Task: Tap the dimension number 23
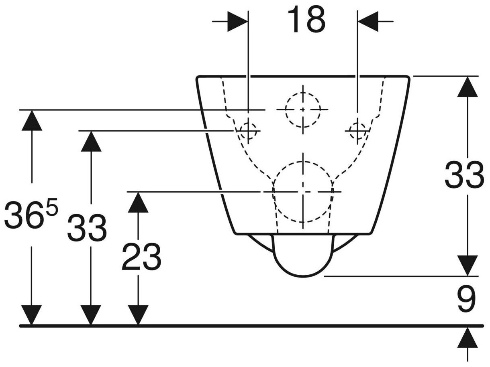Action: pyautogui.click(x=141, y=257)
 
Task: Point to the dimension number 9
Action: pyautogui.click(x=466, y=299)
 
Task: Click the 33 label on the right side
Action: pyautogui.click(x=464, y=175)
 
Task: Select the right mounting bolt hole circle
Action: pyautogui.click(x=357, y=130)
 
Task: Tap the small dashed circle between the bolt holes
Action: pyautogui.click(x=303, y=109)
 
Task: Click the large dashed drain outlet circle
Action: pyautogui.click(x=303, y=192)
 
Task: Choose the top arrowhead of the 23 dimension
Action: pyautogui.click(x=138, y=202)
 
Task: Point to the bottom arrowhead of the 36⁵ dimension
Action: pyautogui.click(x=32, y=314)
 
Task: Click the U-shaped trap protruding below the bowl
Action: pyautogui.click(x=303, y=257)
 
